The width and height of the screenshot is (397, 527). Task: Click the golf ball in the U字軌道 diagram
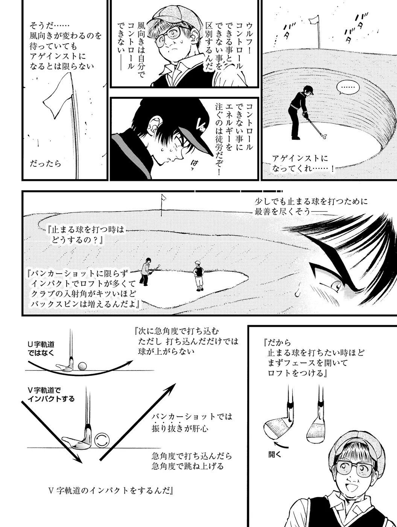82,366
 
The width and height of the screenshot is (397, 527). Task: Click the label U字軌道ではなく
41,349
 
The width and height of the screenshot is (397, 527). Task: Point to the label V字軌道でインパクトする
51,394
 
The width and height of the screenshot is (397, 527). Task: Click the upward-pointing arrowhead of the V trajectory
170,388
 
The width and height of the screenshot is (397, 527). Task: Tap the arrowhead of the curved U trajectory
128,363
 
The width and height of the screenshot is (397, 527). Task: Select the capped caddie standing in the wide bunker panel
199,276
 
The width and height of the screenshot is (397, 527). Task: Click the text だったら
46,164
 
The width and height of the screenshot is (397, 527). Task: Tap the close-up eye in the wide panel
336,285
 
